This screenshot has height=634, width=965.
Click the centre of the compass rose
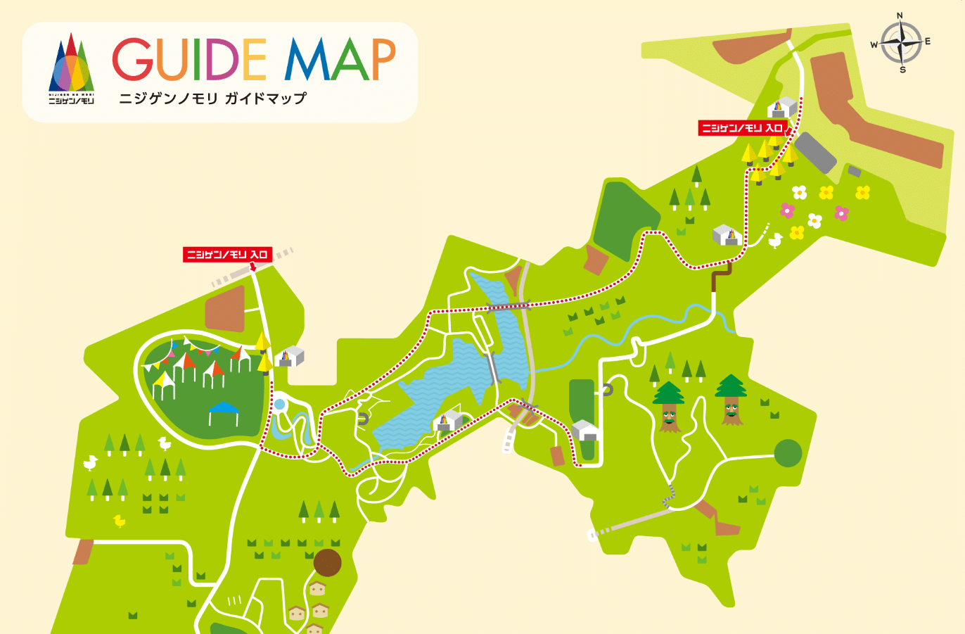point(901,42)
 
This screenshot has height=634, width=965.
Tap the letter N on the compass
point(900,15)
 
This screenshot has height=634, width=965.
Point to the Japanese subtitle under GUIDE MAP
point(212,99)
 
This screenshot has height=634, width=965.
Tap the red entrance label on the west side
point(227,254)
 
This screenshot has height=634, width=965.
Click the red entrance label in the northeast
point(742,128)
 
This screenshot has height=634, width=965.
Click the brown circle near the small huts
point(327,563)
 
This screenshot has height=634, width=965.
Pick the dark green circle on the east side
point(788,452)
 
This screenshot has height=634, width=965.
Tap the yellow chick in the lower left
point(120,521)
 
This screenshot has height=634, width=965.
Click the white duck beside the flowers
point(775,241)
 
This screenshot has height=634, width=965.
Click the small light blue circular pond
point(279,405)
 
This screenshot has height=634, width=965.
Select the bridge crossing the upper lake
point(509,306)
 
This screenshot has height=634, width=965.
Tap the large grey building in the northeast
point(815,151)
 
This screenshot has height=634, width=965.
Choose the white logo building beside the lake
point(448,421)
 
